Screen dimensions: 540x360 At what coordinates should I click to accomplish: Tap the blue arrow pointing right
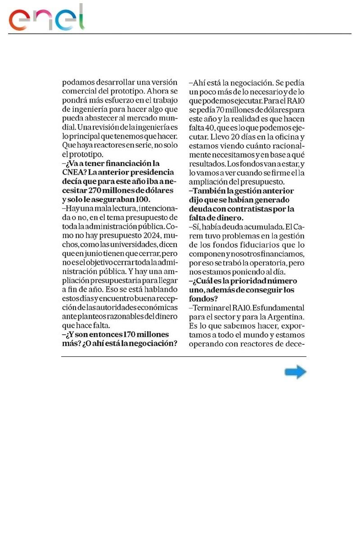(x=295, y=372)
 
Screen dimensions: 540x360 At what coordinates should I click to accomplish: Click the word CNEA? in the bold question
(x=73, y=172)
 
